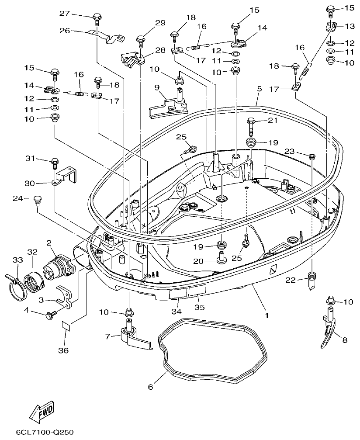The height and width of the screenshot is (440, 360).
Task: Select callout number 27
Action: click(65, 14)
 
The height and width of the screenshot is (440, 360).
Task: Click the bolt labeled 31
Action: click(55, 163)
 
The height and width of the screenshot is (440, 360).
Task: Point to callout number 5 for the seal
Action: click(259, 88)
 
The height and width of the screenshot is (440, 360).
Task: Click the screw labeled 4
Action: click(52, 314)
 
